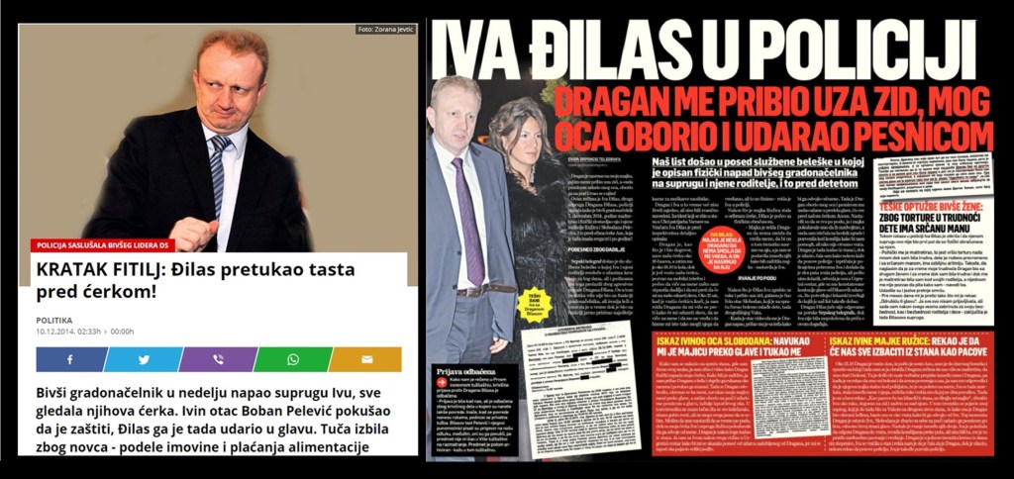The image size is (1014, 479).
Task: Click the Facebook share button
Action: pyautogui.click(x=71, y=359)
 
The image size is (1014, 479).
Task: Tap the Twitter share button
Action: pyautogui.click(x=144, y=359)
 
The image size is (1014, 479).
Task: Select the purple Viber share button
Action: pyautogui.click(x=218, y=359)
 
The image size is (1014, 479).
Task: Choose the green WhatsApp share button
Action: pyautogui.click(x=293, y=359)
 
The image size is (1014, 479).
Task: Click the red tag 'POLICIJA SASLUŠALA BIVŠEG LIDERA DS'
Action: pyautogui.click(x=104, y=243)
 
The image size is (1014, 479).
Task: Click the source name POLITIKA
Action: pyautogui.click(x=54, y=320)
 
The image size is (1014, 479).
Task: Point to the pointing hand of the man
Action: pyautogui.click(x=192, y=231)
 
